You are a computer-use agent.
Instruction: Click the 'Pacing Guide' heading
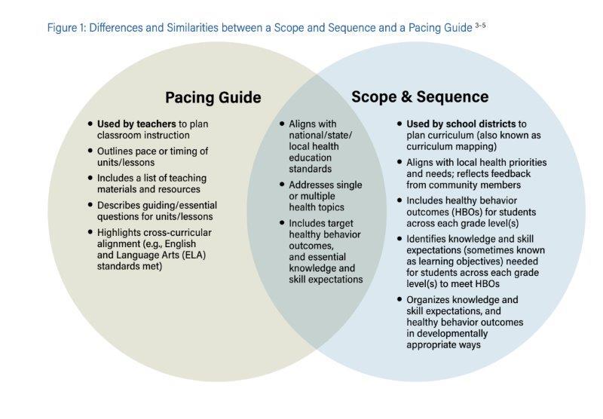pyautogui.click(x=213, y=98)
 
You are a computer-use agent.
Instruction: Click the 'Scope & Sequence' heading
pyautogui.click(x=420, y=96)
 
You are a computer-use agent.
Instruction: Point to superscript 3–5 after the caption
pyautogui.click(x=480, y=26)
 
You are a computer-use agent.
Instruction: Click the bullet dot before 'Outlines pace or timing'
pyautogui.click(x=90, y=151)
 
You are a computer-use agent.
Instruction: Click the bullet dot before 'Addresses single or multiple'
pyautogui.click(x=282, y=185)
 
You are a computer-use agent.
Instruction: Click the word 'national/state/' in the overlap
pyautogui.click(x=320, y=135)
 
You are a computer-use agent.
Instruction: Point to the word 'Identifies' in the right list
pyautogui.click(x=427, y=239)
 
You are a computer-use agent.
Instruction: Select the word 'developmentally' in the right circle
pyautogui.click(x=447, y=333)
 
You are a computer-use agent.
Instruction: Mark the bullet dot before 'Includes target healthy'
pyautogui.click(x=282, y=223)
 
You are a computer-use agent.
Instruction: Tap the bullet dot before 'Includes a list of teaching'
pyautogui.click(x=90, y=178)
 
